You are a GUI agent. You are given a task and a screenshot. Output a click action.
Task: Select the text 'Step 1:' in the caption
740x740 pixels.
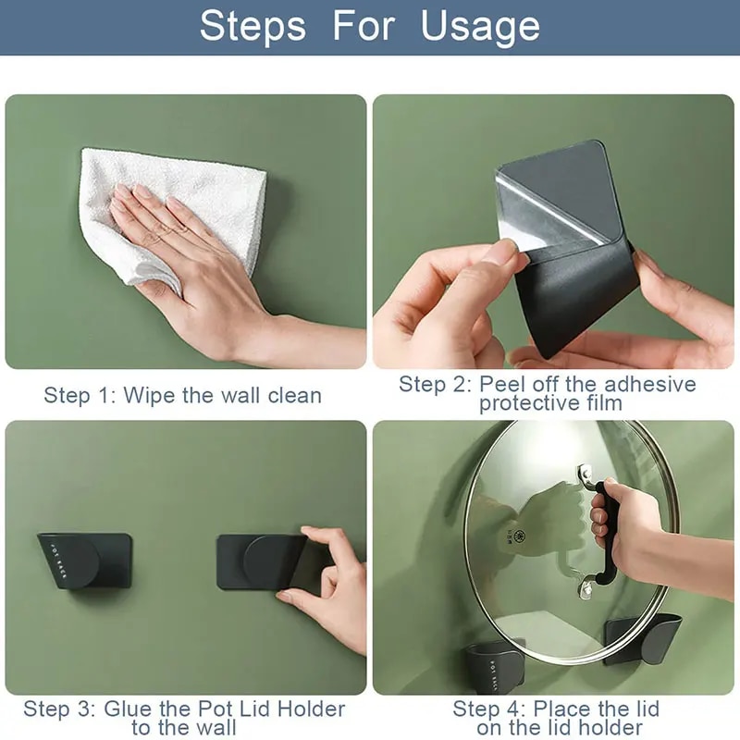(80, 396)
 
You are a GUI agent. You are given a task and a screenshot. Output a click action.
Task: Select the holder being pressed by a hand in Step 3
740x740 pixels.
(264, 561)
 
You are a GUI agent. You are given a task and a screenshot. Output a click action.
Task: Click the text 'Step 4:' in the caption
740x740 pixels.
(488, 709)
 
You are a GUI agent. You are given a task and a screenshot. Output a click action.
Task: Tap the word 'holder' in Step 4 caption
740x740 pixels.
(611, 728)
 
